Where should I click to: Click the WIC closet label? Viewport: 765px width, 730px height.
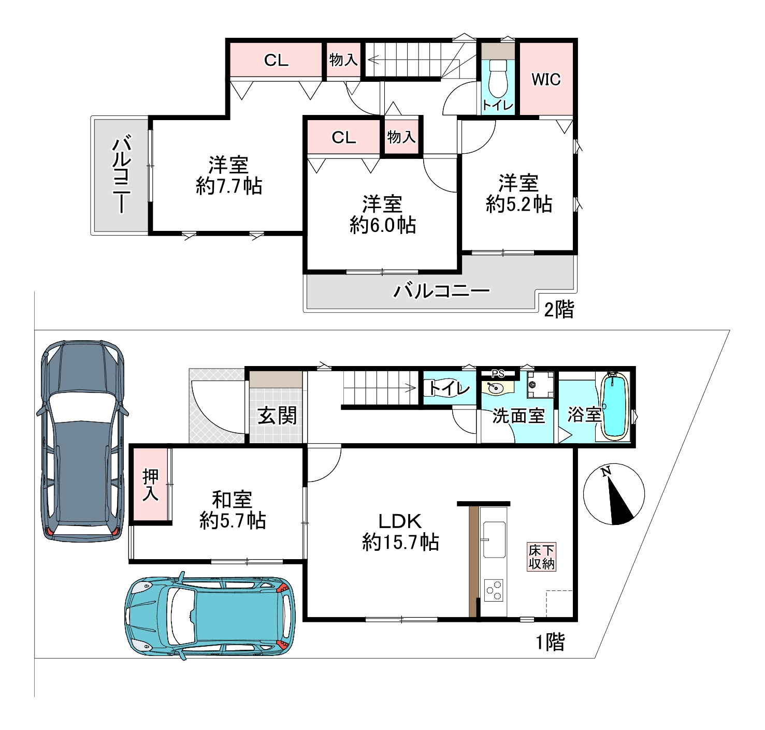click(x=545, y=79)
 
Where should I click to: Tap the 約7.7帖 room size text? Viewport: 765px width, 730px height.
click(x=229, y=186)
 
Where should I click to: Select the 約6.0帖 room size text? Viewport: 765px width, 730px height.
click(x=382, y=225)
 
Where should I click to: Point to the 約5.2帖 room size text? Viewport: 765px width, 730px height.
click(x=518, y=204)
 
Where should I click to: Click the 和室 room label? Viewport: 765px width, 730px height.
click(x=233, y=500)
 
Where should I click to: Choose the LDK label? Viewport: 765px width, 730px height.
click(x=400, y=521)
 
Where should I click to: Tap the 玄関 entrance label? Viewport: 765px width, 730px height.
click(x=277, y=416)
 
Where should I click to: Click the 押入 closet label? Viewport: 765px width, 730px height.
click(x=150, y=485)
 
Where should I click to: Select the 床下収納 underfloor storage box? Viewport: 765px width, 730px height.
click(x=541, y=557)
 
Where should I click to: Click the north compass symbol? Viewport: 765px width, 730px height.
click(x=614, y=494)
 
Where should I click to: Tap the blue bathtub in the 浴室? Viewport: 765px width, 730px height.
click(x=615, y=406)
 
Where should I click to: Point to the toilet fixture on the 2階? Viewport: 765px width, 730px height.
click(x=498, y=79)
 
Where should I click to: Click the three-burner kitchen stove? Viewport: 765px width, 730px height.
click(x=494, y=590)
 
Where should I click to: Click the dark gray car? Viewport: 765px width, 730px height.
click(x=82, y=441)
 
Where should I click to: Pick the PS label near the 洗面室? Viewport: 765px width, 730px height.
click(x=498, y=374)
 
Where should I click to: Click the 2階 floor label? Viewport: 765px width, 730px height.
click(x=558, y=310)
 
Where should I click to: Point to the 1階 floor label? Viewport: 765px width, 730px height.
click(x=550, y=643)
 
